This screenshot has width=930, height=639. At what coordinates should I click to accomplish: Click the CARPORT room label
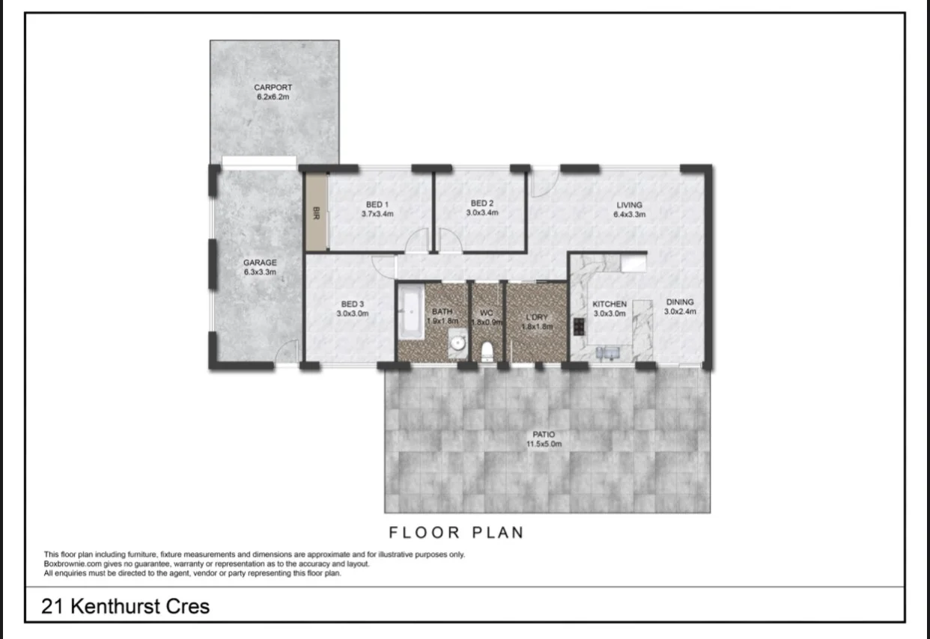pos(273,88)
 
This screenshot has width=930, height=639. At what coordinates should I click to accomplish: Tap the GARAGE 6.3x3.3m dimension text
pos(260,272)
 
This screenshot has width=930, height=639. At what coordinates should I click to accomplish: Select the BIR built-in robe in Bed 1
pos(316,213)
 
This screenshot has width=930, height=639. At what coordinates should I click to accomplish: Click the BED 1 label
pos(377,204)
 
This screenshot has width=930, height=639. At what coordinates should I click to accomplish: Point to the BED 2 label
pos(482,204)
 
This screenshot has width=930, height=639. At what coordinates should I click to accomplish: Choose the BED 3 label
pos(352,304)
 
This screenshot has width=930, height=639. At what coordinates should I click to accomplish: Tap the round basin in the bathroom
pos(458,343)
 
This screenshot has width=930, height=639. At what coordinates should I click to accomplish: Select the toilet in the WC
pos(487,349)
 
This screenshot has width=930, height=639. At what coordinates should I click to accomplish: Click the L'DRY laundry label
pos(536,317)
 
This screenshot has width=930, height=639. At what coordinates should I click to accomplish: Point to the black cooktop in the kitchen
pos(579,325)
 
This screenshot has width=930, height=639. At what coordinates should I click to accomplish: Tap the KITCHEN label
pos(610,305)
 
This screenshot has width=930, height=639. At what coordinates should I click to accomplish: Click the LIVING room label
pos(630,205)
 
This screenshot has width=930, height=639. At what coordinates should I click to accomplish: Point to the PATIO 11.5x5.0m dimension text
pos(545,444)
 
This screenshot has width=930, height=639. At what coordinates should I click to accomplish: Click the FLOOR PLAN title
pos(455,533)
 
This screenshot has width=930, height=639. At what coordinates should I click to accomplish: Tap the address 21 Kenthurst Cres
pos(126,606)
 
